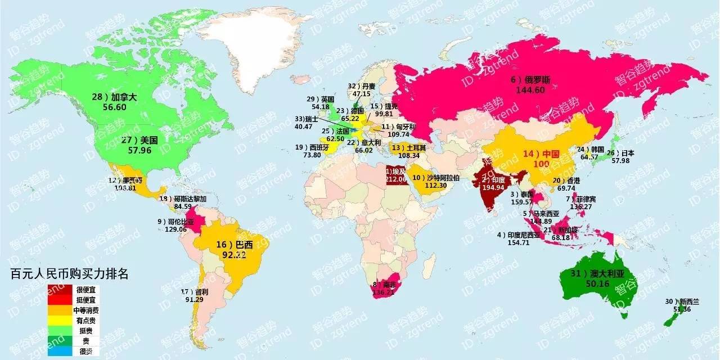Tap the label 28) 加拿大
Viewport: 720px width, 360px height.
tap(115, 97)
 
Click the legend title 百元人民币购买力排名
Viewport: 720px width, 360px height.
tap(69, 274)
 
